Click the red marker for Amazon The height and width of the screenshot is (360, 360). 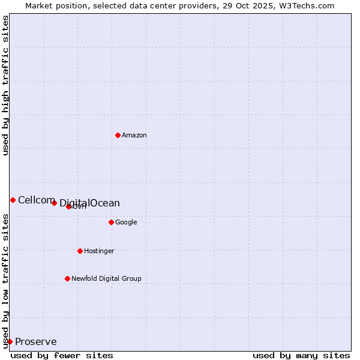coord(118,135)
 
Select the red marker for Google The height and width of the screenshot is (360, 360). coord(111,222)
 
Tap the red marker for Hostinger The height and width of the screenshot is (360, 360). coord(80,251)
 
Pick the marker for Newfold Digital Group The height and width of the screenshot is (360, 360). coord(67,278)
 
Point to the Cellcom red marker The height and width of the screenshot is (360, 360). coord(13,200)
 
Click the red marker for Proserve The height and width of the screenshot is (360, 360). coord(10,341)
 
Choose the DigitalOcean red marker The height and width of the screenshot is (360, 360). coord(54,203)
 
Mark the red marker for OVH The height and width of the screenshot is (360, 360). coord(68,206)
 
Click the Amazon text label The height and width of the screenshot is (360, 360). coord(134,136)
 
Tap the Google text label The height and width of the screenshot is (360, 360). coord(126,223)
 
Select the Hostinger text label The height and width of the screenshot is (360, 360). coord(99,251)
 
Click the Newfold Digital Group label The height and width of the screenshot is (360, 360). coord(106,279)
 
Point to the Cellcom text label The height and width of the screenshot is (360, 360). coord(37,200)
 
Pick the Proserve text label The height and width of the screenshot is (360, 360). coord(36,342)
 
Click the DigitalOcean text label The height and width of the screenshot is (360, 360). coord(90,203)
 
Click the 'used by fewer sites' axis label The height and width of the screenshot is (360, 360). coord(62,355)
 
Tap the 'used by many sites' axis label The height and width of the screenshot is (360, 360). coord(301,355)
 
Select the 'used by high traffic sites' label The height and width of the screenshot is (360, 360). coord(5,85)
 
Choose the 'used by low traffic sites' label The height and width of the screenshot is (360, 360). coord(5,280)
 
